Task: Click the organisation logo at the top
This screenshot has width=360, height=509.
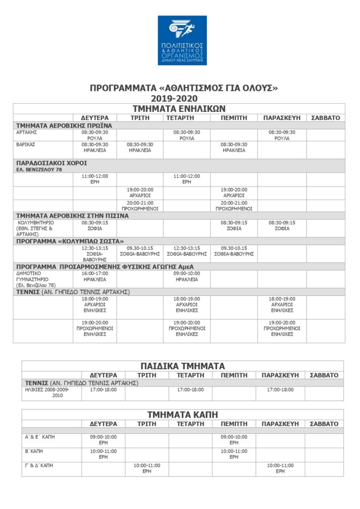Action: (x=182, y=40)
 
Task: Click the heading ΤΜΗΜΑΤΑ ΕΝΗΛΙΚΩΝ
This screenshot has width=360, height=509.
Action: (x=179, y=108)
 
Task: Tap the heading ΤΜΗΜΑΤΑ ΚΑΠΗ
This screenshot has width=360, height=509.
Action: (x=182, y=415)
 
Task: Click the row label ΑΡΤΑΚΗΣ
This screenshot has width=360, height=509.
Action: (x=27, y=132)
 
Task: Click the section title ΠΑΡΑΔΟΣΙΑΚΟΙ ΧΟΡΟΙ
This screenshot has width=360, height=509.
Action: (x=52, y=163)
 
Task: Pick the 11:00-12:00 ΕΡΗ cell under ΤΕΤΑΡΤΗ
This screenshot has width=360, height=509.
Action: (x=186, y=179)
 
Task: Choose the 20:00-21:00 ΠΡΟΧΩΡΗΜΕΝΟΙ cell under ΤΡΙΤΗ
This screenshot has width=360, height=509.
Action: (x=140, y=206)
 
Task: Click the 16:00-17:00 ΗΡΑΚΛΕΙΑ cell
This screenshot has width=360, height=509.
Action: (x=94, y=276)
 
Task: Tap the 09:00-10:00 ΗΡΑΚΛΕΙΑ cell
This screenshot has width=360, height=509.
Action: (x=186, y=276)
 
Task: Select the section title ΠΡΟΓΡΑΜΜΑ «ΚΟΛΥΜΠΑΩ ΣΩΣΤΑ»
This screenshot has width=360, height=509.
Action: (x=70, y=241)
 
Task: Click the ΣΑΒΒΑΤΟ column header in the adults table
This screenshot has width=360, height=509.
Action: (x=325, y=118)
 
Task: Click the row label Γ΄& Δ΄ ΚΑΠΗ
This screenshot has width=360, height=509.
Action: (x=39, y=465)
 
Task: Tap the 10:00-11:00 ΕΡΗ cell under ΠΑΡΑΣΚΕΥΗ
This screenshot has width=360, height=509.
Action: (x=280, y=468)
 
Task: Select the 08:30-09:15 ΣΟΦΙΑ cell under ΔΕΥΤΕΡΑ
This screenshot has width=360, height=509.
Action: (x=94, y=226)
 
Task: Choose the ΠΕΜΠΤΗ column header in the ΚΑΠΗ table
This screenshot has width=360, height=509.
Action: (x=234, y=424)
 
